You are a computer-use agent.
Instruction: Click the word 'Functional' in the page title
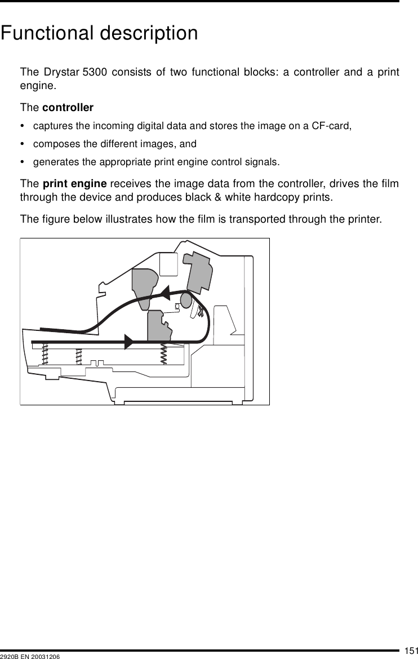(47, 33)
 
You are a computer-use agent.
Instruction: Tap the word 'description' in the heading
(149, 34)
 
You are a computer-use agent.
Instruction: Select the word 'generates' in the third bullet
(53, 162)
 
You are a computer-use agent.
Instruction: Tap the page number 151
(410, 651)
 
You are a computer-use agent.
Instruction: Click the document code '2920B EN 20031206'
(30, 656)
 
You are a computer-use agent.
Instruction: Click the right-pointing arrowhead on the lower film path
(129, 342)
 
